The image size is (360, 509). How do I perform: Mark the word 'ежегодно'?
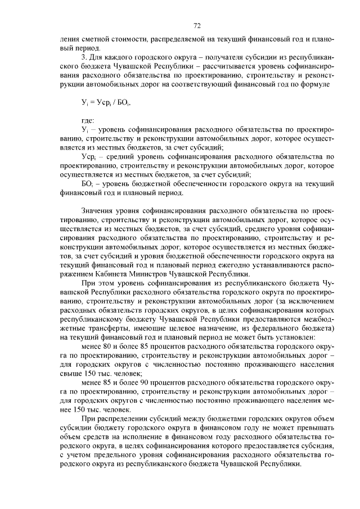(x=246, y=264)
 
